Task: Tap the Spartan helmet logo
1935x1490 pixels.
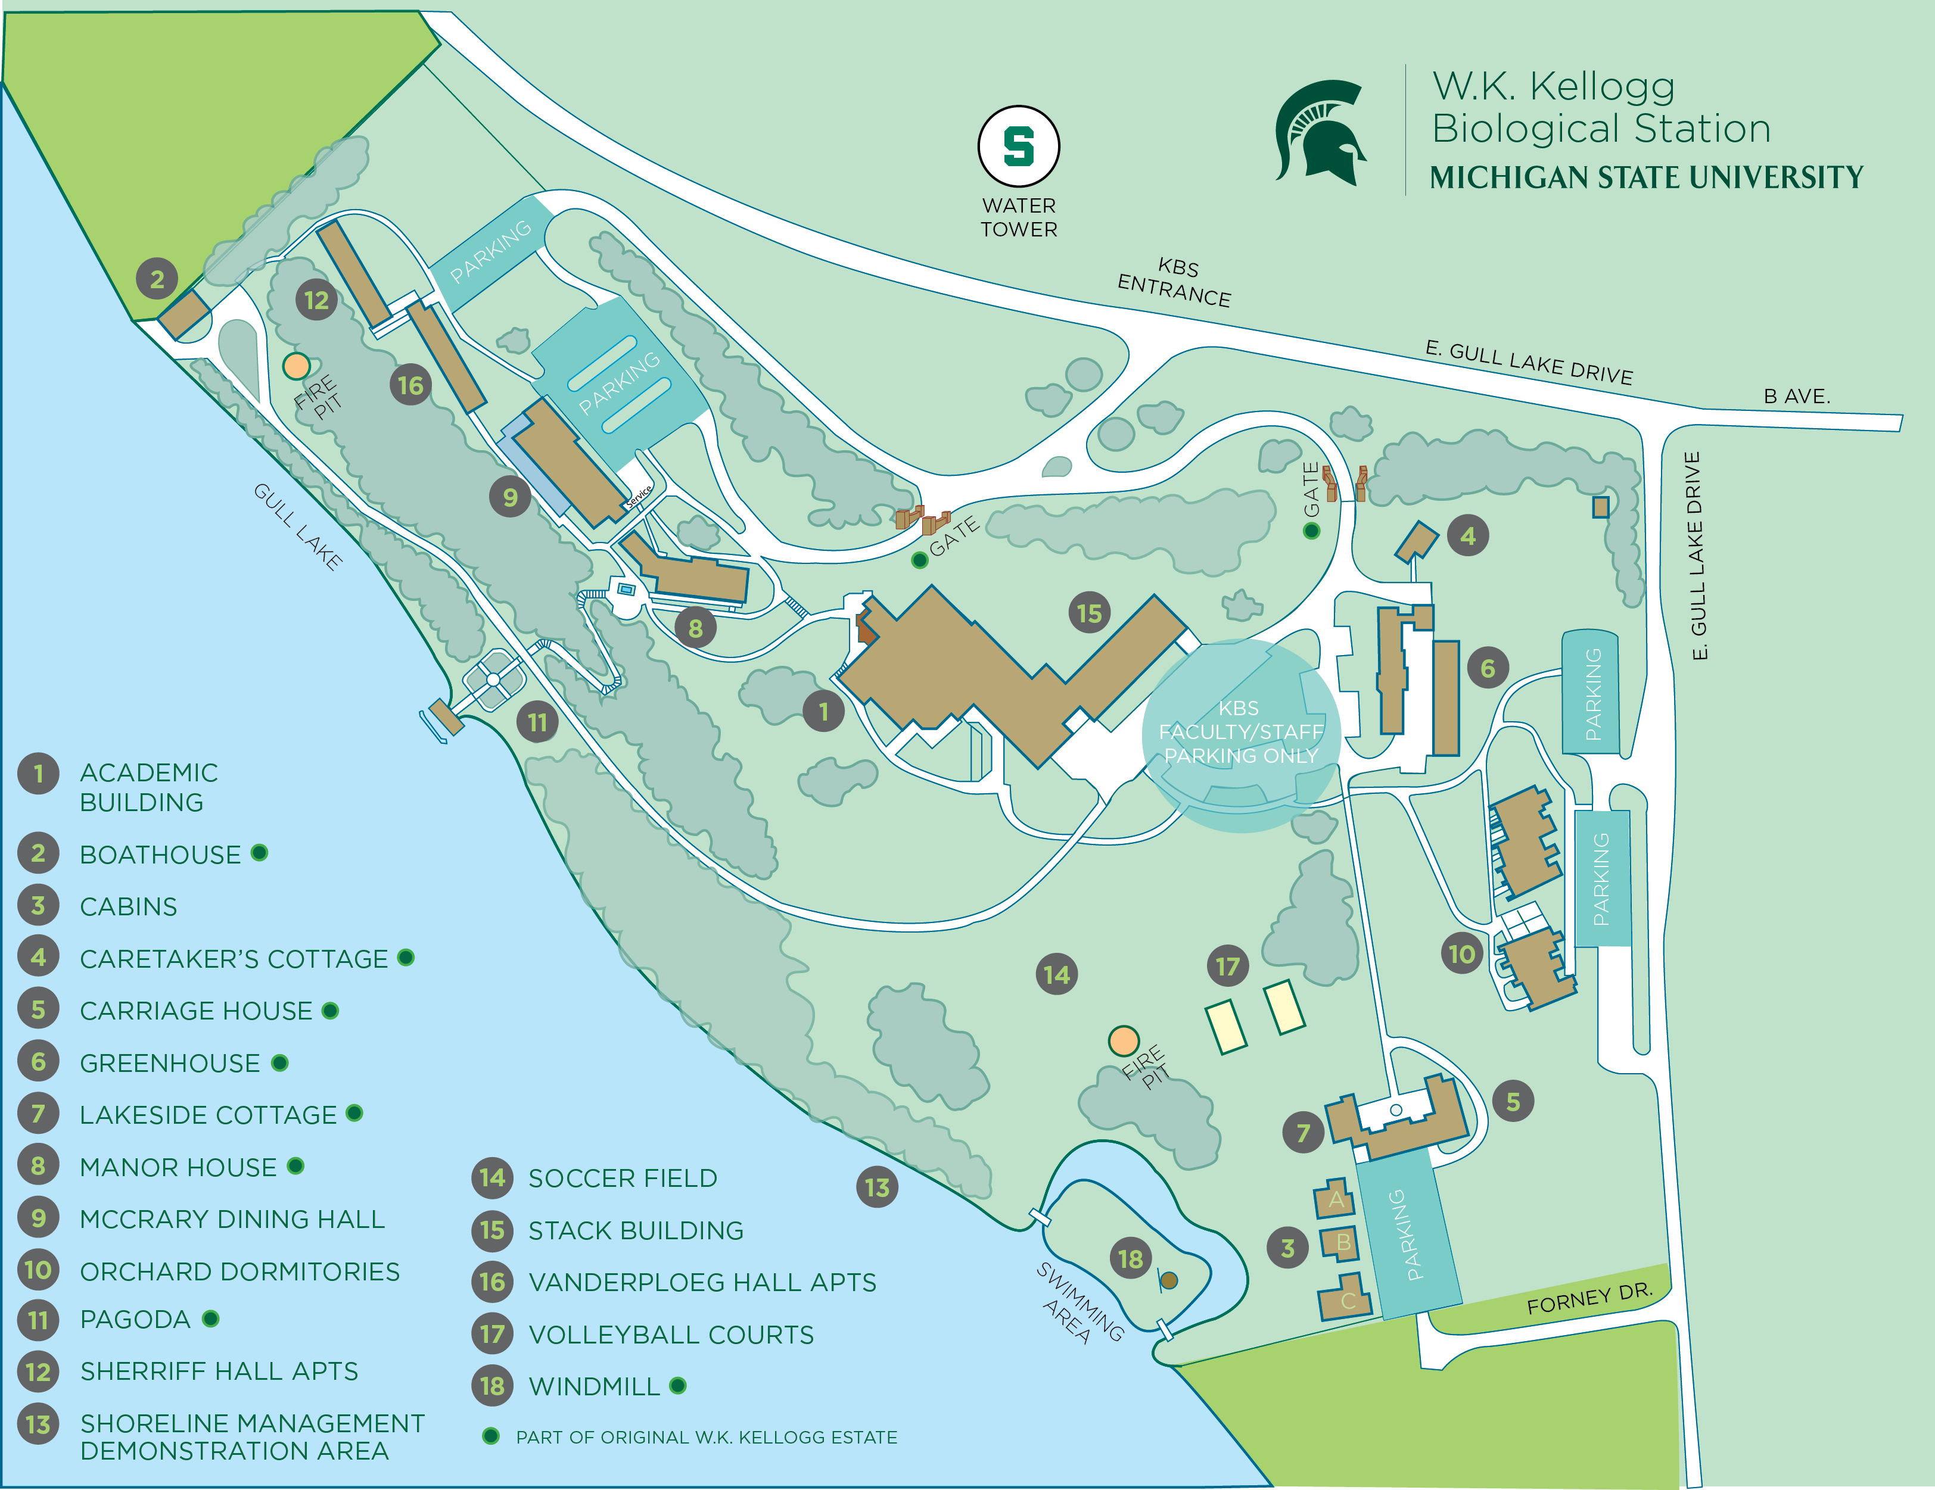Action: [x=1320, y=132]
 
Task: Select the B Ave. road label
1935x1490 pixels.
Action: [x=1796, y=396]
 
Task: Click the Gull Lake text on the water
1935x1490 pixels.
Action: [x=298, y=526]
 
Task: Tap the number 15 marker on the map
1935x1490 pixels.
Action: [x=1089, y=613]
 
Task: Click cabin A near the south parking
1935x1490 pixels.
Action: [x=1335, y=1199]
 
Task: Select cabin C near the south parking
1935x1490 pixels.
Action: [x=1345, y=1299]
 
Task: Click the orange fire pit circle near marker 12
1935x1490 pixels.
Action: [x=296, y=366]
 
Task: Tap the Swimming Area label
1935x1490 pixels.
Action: [x=1079, y=1303]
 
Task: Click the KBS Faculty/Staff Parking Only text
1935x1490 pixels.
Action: [x=1240, y=732]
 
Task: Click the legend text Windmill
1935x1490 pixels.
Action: [x=593, y=1386]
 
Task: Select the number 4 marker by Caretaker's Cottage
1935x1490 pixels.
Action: [x=1468, y=536]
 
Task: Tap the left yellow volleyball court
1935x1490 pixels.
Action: [x=1225, y=1027]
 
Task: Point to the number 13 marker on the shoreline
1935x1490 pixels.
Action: [x=876, y=1187]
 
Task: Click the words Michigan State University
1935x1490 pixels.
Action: [x=1645, y=177]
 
